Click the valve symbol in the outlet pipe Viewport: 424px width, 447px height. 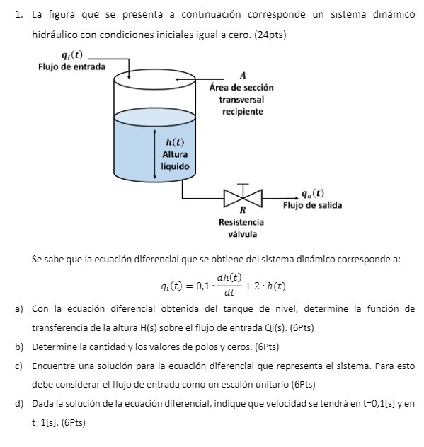[243, 197]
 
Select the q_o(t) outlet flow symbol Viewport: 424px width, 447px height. [312, 193]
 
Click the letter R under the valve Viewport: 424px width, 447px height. [243, 210]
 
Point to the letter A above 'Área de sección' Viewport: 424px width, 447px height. [243, 75]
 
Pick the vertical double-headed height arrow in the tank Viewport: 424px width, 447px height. [156, 153]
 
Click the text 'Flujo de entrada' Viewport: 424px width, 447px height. [71, 66]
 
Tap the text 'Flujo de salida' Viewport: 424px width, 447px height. [312, 205]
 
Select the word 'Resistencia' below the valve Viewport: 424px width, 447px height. [242, 222]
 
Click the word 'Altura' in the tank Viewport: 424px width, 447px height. [175, 153]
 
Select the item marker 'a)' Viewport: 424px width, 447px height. [18, 309]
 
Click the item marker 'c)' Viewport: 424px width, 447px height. [18, 366]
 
